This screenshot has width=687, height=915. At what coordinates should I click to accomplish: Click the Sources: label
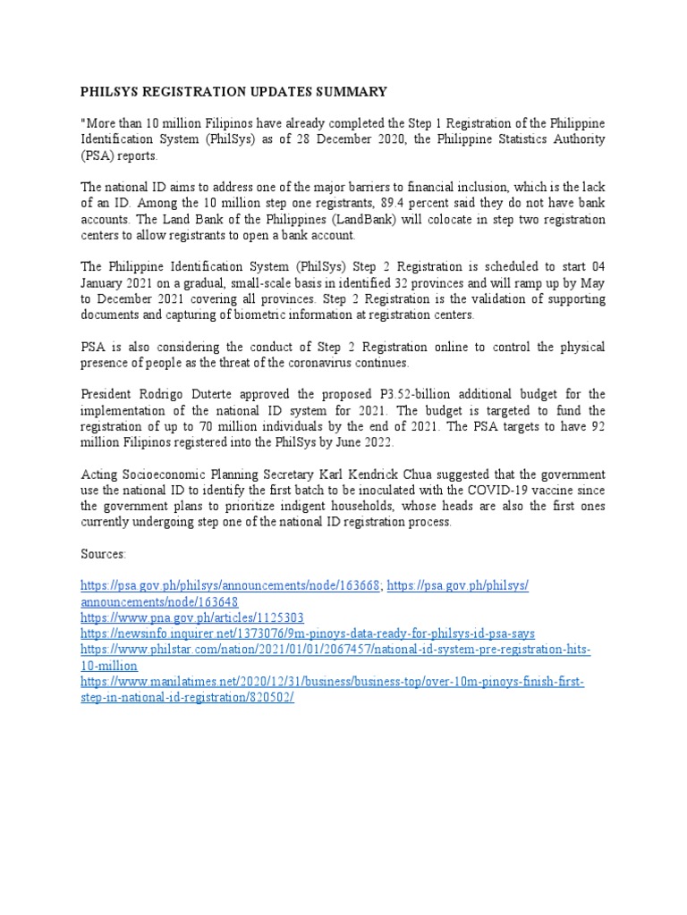(x=103, y=554)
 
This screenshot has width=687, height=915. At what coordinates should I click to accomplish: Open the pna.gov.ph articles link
(x=192, y=617)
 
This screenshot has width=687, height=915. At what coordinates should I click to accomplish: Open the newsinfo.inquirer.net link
(x=308, y=634)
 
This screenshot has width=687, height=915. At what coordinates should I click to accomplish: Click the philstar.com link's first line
(x=335, y=650)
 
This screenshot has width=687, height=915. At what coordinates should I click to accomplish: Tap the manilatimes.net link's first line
(x=332, y=682)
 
